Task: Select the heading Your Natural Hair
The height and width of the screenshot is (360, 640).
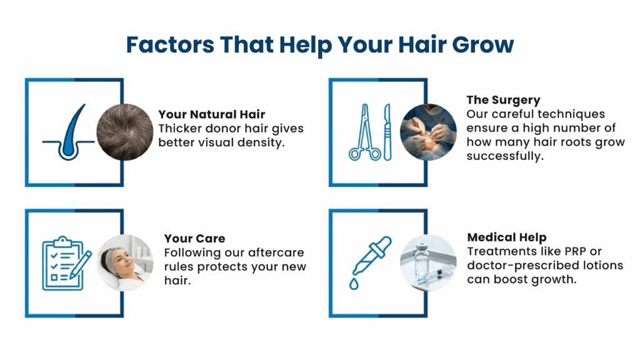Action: (x=211, y=114)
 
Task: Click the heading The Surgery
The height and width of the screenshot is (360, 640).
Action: (x=503, y=100)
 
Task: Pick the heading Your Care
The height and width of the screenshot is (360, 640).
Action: (x=194, y=239)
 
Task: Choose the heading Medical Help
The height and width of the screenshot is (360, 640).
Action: (x=506, y=237)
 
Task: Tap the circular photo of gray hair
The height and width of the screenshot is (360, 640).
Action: (x=124, y=132)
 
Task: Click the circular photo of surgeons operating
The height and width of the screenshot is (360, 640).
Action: (x=428, y=132)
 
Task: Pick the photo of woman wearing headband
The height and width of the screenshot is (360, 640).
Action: (x=125, y=262)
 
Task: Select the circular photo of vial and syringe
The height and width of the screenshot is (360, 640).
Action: (x=429, y=262)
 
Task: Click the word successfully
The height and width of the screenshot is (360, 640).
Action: (x=504, y=156)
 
